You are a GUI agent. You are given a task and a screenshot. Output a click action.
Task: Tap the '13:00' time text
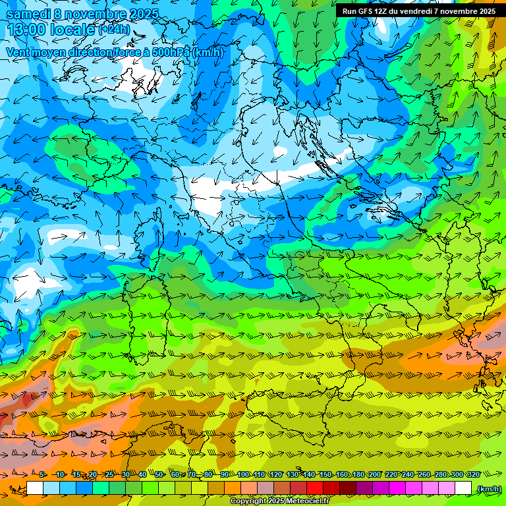27,29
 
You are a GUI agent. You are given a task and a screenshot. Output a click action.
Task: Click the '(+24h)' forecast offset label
114,30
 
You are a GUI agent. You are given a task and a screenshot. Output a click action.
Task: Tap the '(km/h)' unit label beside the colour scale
488,489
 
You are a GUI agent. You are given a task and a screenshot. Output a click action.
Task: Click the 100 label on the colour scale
243,475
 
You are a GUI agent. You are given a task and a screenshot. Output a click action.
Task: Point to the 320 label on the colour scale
473,475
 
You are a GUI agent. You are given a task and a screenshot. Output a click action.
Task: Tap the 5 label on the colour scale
43,475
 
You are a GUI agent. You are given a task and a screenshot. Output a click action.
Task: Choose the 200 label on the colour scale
375,475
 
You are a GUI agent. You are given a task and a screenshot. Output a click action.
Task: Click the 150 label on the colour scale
325,475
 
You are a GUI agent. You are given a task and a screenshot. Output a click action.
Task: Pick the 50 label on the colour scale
159,475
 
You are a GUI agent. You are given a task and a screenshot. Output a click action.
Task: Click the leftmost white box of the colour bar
35,488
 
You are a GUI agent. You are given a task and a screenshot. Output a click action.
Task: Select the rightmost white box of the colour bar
463,488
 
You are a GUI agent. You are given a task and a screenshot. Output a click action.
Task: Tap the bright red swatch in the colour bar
315,488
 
